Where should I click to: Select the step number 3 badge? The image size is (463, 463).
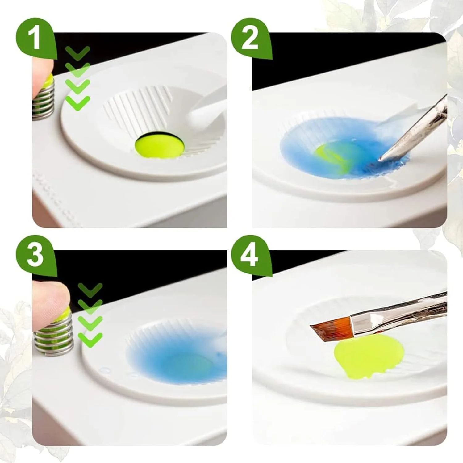[x=36, y=256]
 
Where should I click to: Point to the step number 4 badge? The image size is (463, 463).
[x=251, y=256]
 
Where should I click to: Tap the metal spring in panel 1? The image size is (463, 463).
[x=44, y=99]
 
